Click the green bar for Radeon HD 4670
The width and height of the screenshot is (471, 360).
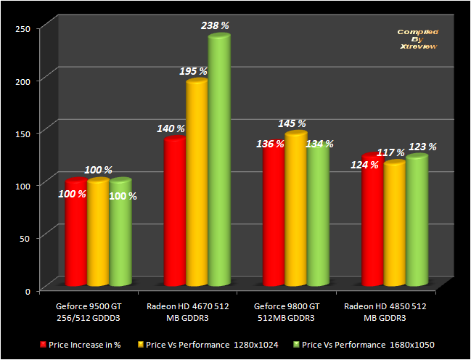(219, 160)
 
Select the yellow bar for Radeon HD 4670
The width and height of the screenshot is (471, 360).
(197, 181)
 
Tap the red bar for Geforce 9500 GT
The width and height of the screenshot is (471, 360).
(75, 232)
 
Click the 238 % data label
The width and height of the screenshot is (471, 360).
(215, 25)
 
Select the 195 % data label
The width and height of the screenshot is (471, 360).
(193, 71)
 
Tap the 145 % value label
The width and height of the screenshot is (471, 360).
(292, 124)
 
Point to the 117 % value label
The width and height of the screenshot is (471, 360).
(390, 152)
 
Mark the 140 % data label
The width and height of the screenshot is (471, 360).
(171, 128)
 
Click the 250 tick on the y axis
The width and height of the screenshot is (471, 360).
(23, 28)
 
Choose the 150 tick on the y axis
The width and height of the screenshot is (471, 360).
(23, 133)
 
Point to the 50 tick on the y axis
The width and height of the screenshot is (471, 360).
(26, 238)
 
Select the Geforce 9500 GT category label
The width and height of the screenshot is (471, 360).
(89, 312)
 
